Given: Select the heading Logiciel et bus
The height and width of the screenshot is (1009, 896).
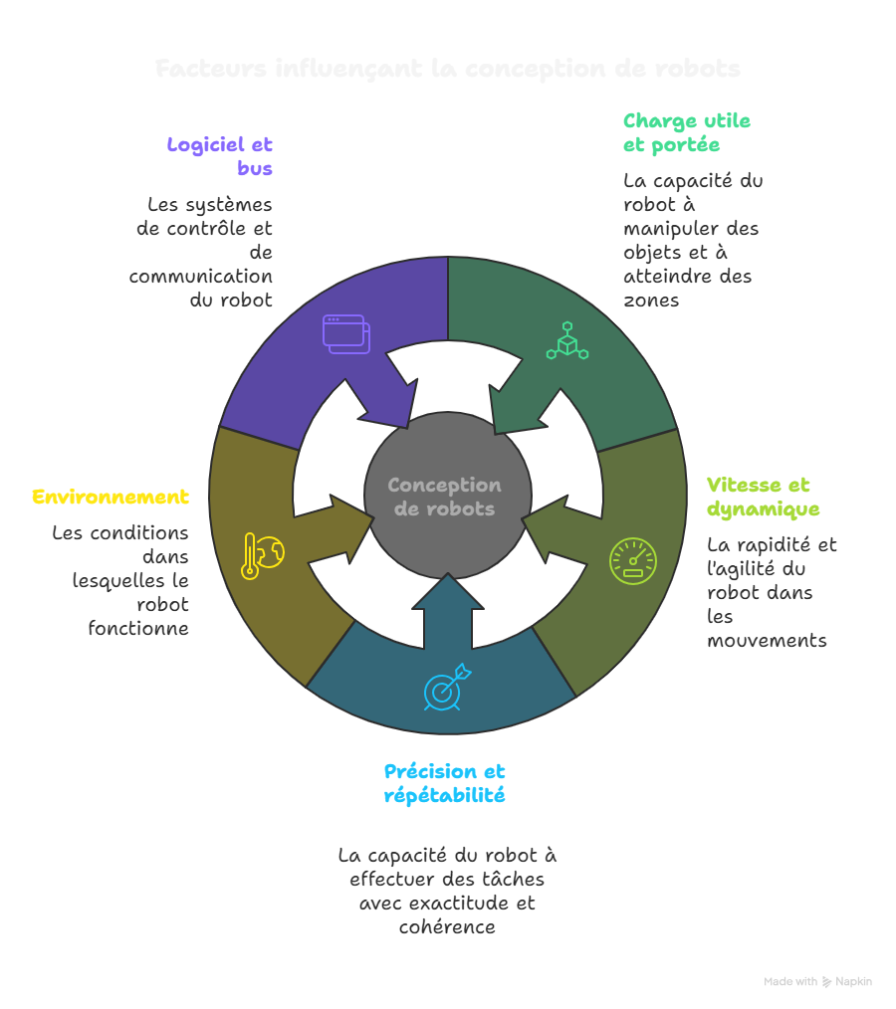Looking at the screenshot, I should tap(220, 156).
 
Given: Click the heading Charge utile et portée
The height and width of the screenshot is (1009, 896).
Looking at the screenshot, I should tap(686, 133).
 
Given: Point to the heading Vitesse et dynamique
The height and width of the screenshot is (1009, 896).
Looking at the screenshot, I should tap(763, 498).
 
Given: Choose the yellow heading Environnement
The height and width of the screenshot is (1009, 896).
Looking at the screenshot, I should tap(111, 497).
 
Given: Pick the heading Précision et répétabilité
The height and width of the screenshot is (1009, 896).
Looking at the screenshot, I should tap(444, 783).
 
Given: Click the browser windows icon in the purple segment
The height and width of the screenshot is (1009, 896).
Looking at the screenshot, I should tap(345, 333).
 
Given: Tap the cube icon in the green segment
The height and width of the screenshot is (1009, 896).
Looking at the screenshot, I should tap(567, 340).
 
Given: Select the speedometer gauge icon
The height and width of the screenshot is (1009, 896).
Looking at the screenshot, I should tap(633, 561).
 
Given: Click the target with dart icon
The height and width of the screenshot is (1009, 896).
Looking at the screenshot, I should tap(446, 688).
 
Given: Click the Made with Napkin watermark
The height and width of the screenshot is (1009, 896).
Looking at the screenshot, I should tap(817, 982).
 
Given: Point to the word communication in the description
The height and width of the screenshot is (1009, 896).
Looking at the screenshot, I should tap(201, 277).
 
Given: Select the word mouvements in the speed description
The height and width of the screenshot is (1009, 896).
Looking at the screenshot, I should tap(767, 641).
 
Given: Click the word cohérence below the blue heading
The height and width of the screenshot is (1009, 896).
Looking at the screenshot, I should tap(447, 927).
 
